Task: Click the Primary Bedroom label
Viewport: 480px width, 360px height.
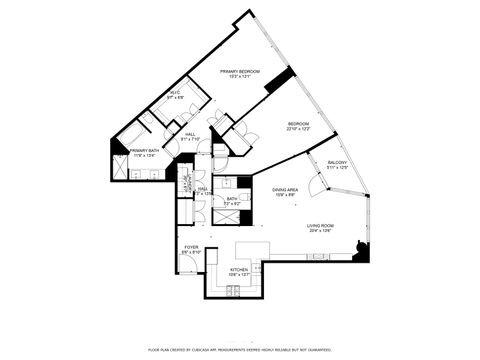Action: [240, 74]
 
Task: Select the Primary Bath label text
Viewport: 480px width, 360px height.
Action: [145, 152]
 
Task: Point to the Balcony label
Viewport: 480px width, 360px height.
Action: [337, 165]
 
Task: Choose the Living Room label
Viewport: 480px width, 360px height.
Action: [320, 228]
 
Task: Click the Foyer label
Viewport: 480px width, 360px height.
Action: [190, 250]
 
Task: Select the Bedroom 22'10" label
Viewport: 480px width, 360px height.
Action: [300, 127]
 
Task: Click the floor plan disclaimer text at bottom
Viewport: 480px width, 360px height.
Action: [240, 350]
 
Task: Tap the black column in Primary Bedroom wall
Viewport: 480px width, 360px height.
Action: [279, 80]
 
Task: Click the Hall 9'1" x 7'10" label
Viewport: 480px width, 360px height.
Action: [190, 137]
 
